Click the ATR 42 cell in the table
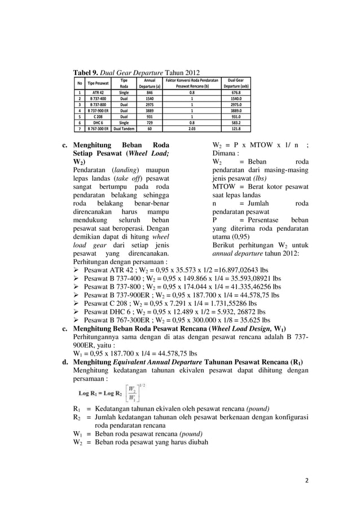coord(98,92)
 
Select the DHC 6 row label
coord(98,122)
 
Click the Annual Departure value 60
coord(150,128)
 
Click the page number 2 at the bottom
coord(307,481)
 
